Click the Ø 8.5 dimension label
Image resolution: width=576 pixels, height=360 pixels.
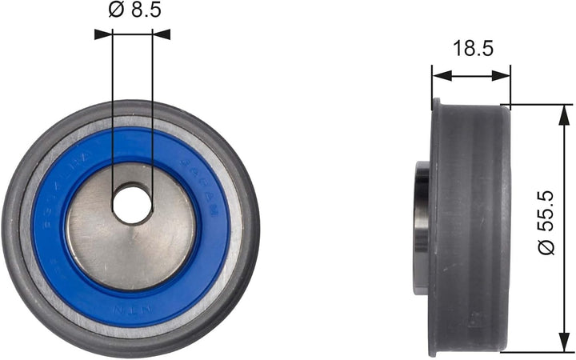click(x=132, y=10)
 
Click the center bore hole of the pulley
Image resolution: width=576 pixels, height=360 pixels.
click(x=132, y=204)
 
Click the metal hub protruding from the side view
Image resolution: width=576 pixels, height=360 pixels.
click(x=422, y=228)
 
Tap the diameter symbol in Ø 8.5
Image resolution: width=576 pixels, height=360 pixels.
click(x=113, y=10)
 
